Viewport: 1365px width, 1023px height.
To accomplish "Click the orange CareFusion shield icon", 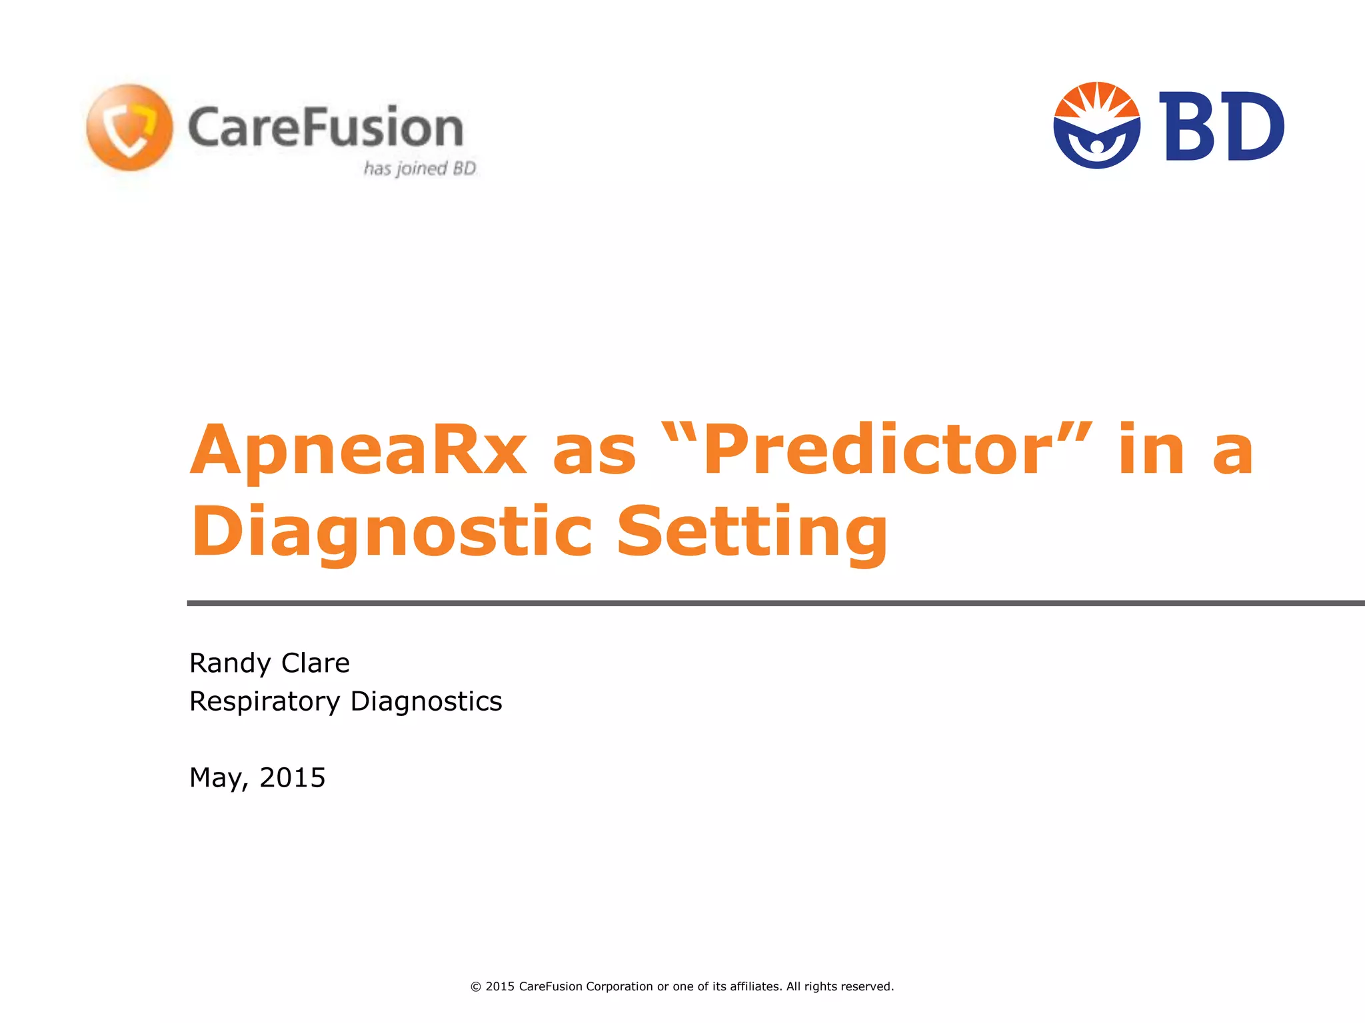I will tap(129, 127).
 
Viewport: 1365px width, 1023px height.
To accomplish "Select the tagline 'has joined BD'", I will tap(420, 169).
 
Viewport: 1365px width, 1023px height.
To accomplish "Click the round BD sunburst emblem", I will tap(1096, 125).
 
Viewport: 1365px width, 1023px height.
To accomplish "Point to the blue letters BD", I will tap(1221, 127).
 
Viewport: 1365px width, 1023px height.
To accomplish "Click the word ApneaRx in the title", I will tap(359, 450).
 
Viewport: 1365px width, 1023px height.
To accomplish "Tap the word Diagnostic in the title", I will tap(391, 531).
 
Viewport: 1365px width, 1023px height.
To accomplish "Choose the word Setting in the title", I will tap(752, 531).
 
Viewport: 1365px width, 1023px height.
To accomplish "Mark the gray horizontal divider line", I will tap(773, 603).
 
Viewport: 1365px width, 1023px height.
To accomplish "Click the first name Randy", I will tap(230, 663).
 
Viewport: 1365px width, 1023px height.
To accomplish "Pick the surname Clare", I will tap(315, 663).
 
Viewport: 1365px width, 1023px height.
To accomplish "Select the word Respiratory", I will tap(265, 701).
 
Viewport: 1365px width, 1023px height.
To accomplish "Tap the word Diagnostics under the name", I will tap(426, 701).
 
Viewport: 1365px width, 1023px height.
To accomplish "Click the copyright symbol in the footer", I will tap(476, 986).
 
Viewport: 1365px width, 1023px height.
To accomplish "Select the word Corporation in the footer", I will tap(619, 986).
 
